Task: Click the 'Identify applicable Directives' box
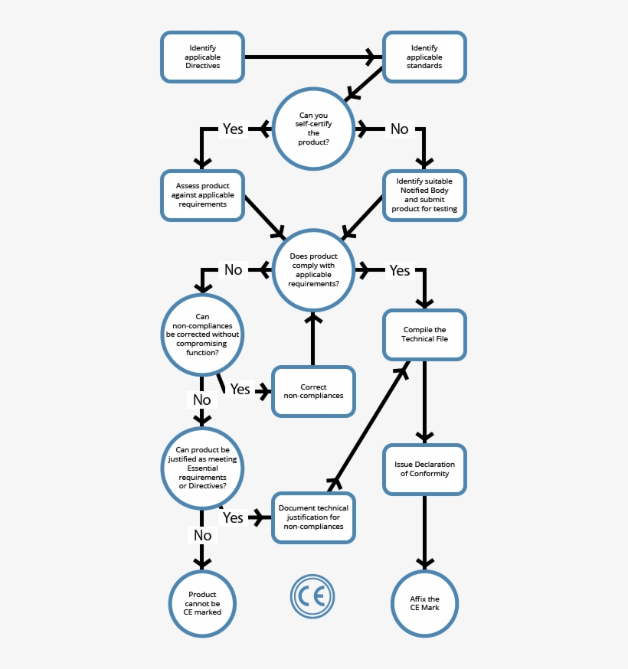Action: click(x=202, y=57)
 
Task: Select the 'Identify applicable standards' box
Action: click(x=424, y=57)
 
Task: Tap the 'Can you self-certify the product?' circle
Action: click(x=313, y=129)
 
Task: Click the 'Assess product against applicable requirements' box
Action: click(x=202, y=195)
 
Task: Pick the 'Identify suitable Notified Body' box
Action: click(x=424, y=195)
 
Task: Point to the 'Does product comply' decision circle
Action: click(x=313, y=270)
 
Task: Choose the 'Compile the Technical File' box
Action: click(x=424, y=334)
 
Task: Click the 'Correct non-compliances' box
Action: click(x=313, y=391)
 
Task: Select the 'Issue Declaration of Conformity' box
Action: click(x=424, y=468)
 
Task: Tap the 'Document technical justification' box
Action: click(x=313, y=517)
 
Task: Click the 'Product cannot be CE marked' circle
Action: click(x=202, y=603)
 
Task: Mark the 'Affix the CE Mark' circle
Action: click(x=424, y=603)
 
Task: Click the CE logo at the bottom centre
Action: click(x=312, y=596)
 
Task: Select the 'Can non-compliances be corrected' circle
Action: click(x=202, y=334)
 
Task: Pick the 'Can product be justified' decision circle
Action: click(x=202, y=468)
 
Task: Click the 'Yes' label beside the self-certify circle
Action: click(x=233, y=129)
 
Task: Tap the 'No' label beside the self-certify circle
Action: click(x=399, y=129)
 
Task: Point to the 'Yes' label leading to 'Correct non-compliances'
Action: click(x=240, y=390)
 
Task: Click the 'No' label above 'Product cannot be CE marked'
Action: click(x=202, y=535)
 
